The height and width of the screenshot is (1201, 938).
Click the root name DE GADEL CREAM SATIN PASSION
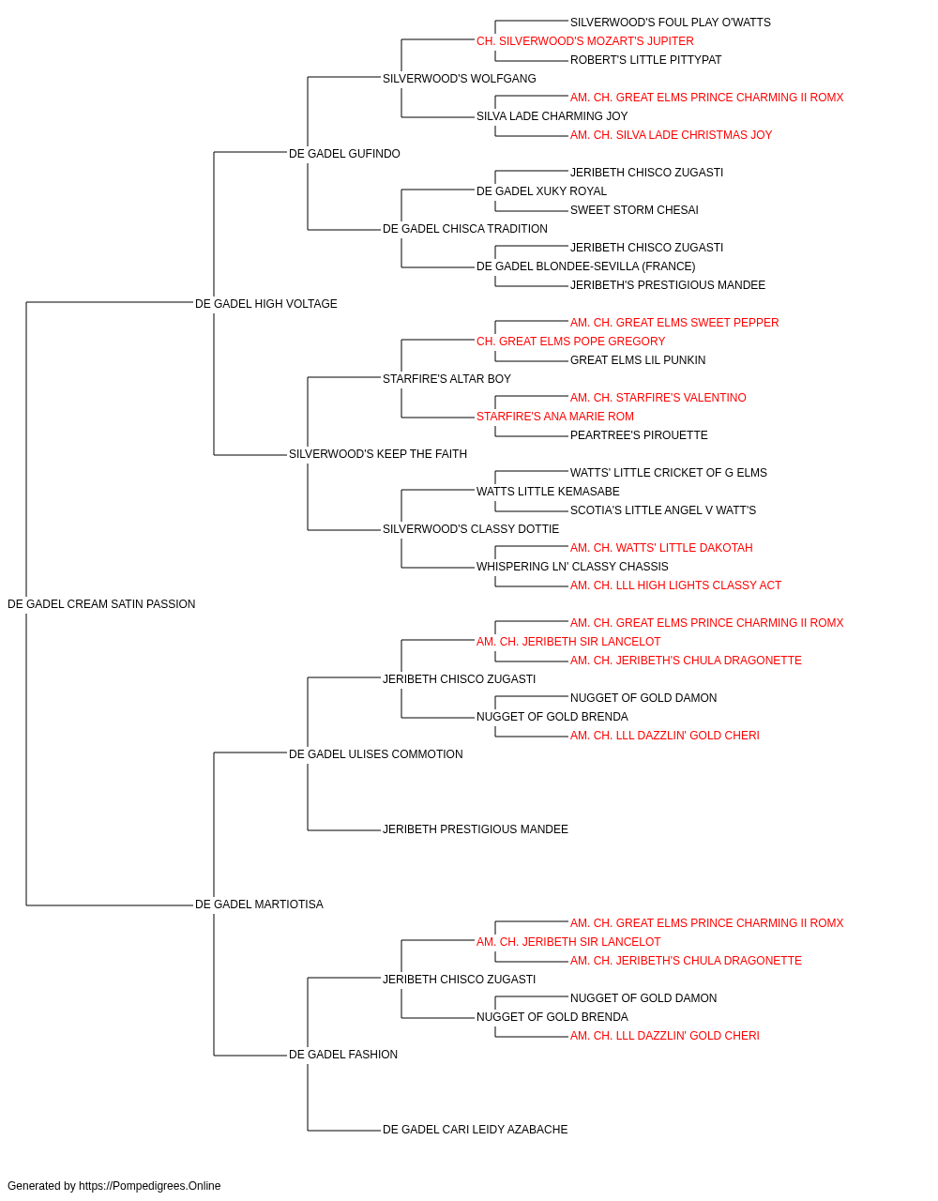click(x=101, y=604)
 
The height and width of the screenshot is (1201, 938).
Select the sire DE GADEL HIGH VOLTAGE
click(x=265, y=303)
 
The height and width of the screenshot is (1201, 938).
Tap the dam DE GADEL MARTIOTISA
click(x=259, y=905)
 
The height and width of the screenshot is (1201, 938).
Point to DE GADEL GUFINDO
click(x=344, y=154)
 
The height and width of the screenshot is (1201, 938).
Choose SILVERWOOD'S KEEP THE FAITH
click(x=378, y=454)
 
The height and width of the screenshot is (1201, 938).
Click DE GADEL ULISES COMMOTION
click(x=375, y=753)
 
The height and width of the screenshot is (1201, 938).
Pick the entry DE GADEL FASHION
click(x=343, y=1054)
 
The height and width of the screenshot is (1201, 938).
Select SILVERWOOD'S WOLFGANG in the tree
click(x=459, y=79)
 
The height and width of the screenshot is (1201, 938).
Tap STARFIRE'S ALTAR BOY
click(x=446, y=378)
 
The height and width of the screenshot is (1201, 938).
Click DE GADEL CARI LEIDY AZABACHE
click(x=475, y=1129)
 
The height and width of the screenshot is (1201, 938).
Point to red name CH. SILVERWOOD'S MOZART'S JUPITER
click(x=585, y=41)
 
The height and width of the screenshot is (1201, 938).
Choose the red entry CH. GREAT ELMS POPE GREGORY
click(x=570, y=341)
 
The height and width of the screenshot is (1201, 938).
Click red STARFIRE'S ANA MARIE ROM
click(x=555, y=417)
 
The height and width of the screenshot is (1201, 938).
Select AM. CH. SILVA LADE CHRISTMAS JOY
click(x=671, y=135)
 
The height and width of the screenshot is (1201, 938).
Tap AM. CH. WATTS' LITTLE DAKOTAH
click(x=661, y=548)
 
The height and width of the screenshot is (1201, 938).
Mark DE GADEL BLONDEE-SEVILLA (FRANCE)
click(x=585, y=266)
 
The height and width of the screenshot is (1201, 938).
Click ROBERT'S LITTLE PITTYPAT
click(x=645, y=60)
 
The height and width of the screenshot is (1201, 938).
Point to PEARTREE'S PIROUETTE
click(x=639, y=435)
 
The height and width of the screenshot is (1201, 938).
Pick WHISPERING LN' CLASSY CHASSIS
click(x=572, y=567)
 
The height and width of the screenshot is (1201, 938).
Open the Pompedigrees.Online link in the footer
click(x=150, y=1186)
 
